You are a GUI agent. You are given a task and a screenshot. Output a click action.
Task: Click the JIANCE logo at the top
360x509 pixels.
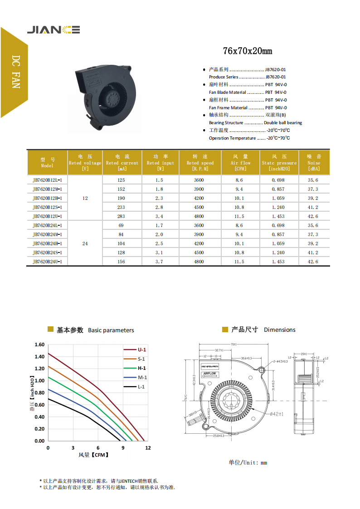(54, 30)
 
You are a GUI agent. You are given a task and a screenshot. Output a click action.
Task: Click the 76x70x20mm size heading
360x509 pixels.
(248, 51)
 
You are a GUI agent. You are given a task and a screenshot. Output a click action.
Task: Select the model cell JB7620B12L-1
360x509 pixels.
(47, 180)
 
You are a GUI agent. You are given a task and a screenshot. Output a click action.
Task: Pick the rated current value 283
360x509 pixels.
(122, 216)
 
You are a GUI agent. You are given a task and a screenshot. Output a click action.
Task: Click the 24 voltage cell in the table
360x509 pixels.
(85, 243)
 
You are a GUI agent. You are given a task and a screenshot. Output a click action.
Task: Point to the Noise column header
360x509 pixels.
(314, 162)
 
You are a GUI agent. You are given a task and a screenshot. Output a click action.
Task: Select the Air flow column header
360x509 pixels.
(240, 162)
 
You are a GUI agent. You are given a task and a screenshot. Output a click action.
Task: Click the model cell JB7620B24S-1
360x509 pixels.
(47, 252)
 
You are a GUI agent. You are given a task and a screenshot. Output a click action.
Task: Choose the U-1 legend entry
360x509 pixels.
(141, 349)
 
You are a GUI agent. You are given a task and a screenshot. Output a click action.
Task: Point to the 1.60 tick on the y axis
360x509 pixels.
(39, 344)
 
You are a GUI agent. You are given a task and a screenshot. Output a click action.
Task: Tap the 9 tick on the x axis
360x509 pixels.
(123, 447)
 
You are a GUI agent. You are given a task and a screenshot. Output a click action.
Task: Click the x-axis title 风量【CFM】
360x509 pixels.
(93, 455)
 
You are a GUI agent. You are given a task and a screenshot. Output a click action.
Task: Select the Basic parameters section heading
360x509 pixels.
(95, 330)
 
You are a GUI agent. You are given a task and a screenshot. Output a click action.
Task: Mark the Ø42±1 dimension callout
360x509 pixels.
(277, 414)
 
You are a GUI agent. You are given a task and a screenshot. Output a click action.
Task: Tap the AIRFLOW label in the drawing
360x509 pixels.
(210, 374)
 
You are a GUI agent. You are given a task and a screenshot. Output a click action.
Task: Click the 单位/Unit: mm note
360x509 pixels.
(248, 462)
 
